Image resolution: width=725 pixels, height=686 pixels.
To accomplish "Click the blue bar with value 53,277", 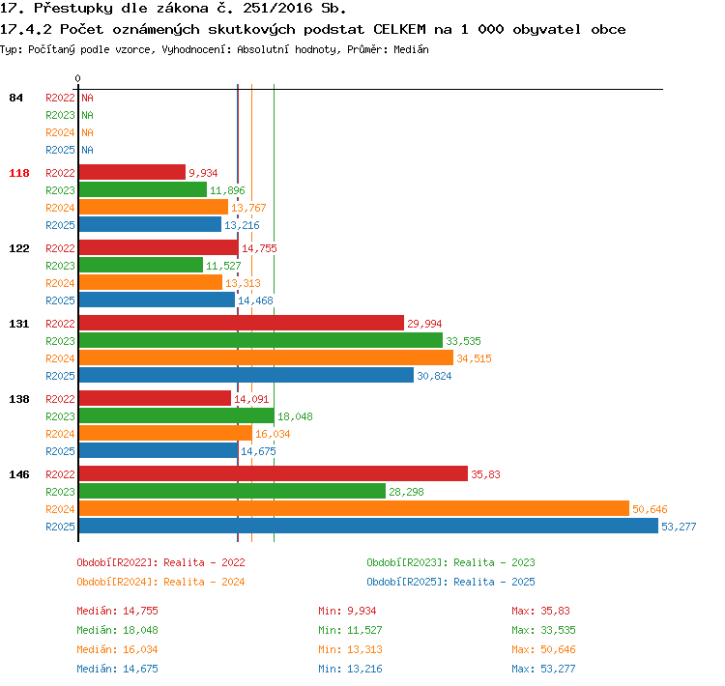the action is (368, 526).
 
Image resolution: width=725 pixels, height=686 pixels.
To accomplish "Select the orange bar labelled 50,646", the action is (354, 508).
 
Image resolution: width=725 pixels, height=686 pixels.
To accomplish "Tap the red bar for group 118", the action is (132, 172).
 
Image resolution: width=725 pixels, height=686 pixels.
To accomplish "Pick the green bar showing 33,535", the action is (261, 340).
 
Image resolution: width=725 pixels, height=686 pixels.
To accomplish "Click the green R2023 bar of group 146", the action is (232, 491).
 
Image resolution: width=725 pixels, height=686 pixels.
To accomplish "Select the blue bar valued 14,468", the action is (157, 300).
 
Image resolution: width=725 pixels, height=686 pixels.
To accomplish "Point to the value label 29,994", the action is (424, 324).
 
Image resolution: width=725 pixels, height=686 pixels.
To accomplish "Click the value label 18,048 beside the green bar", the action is (295, 416).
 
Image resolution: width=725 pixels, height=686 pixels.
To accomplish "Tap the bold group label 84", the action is (15, 98).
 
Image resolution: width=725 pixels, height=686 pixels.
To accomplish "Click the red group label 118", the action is (19, 173).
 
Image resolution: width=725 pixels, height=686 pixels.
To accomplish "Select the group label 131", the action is (19, 324).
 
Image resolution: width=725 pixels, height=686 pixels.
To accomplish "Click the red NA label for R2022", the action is (87, 98).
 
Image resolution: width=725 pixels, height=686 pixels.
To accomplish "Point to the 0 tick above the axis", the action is (77, 78).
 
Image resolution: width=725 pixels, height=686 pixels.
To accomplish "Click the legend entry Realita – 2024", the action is (204, 582).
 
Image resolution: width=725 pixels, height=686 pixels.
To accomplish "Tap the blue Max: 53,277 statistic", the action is (543, 669).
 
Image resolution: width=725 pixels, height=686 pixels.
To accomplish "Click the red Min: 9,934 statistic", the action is (347, 611).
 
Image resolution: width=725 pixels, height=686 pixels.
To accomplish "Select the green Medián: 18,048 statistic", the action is (117, 630).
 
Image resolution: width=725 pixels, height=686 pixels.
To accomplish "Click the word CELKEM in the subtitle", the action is (399, 29).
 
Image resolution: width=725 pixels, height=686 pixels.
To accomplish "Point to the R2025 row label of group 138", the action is (60, 451).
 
